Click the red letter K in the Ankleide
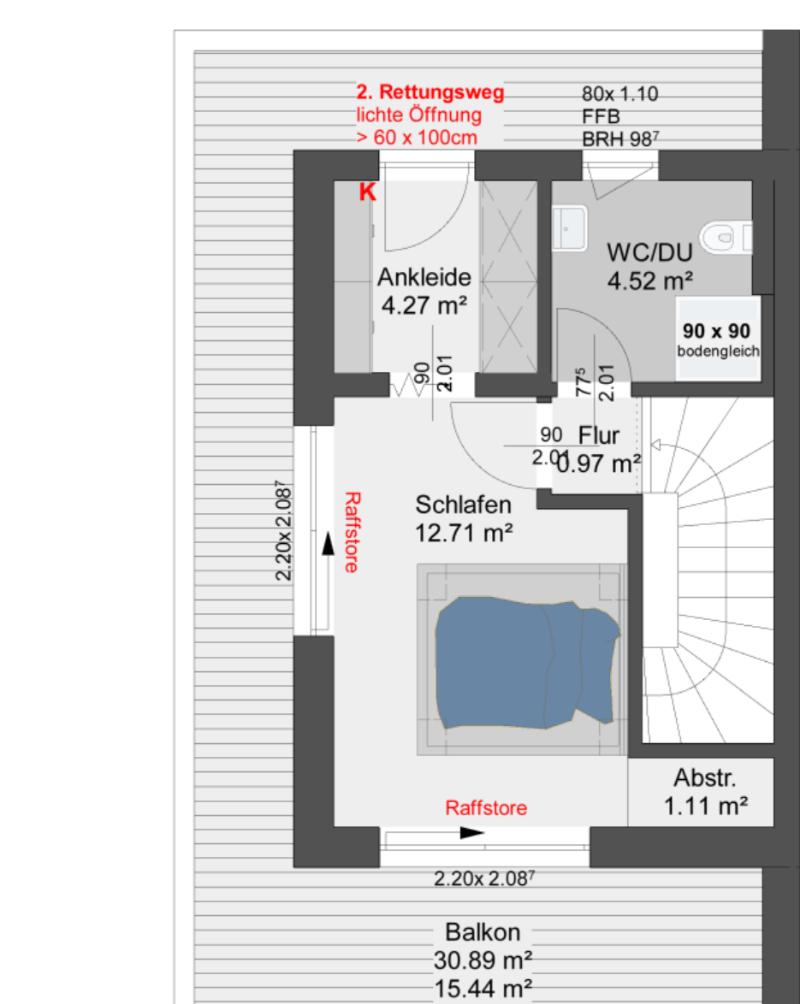(367, 192)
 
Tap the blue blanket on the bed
(525, 664)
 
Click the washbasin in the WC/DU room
(570, 228)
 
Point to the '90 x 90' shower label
(716, 331)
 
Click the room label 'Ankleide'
(424, 277)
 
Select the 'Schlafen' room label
(463, 505)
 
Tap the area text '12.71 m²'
(464, 533)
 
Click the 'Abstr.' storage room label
(704, 778)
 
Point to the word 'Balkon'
(483, 932)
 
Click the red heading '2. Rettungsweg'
(430, 92)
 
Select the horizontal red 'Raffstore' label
(486, 808)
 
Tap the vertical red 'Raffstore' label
(353, 532)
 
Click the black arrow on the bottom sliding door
(472, 833)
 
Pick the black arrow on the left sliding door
(328, 544)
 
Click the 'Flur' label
(598, 435)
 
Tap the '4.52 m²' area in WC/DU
(650, 281)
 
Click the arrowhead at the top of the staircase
(655, 445)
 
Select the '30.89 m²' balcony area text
(483, 960)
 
